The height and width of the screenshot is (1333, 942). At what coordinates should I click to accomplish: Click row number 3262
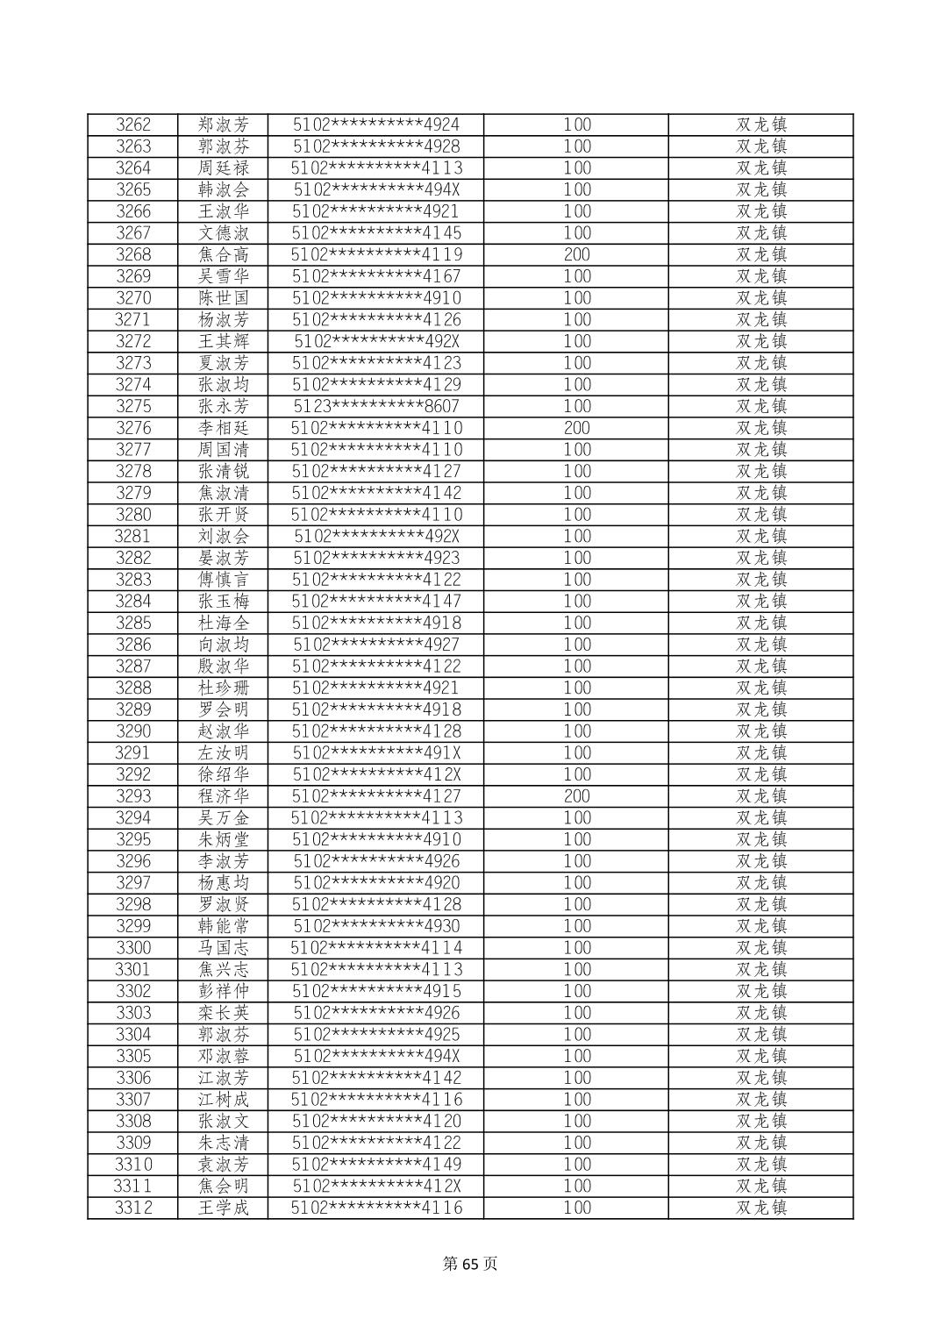pyautogui.click(x=133, y=125)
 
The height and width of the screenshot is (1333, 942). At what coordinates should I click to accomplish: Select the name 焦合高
pyautogui.click(x=224, y=254)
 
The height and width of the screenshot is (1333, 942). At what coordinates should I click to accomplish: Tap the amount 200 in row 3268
pyautogui.click(x=576, y=254)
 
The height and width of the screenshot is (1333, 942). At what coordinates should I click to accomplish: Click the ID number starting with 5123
pyautogui.click(x=376, y=406)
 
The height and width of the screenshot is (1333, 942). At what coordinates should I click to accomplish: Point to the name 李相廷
pyautogui.click(x=224, y=428)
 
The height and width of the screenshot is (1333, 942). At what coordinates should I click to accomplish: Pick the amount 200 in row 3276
pyautogui.click(x=576, y=428)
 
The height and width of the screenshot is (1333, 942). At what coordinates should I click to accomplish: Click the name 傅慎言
pyautogui.click(x=224, y=580)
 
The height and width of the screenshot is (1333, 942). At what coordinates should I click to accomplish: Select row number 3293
pyautogui.click(x=133, y=796)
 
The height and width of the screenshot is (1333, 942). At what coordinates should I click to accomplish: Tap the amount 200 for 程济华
pyautogui.click(x=576, y=796)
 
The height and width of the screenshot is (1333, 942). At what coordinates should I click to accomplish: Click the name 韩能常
pyautogui.click(x=224, y=926)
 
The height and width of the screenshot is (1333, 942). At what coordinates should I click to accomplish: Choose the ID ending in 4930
pyautogui.click(x=376, y=926)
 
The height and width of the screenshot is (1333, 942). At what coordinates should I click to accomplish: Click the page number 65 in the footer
pyautogui.click(x=471, y=1264)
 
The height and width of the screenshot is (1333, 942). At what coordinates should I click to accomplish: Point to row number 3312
pyautogui.click(x=133, y=1208)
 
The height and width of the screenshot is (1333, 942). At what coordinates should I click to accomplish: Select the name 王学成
pyautogui.click(x=224, y=1208)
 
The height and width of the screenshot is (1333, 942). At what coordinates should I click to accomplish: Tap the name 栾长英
pyautogui.click(x=224, y=1013)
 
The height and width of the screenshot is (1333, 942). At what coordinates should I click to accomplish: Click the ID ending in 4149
pyautogui.click(x=376, y=1165)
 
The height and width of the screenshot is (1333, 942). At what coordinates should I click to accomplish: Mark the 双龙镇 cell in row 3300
pyautogui.click(x=760, y=948)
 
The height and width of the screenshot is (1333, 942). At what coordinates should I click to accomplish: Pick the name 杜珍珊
pyautogui.click(x=224, y=688)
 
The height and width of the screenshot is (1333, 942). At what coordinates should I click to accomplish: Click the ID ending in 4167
pyautogui.click(x=376, y=276)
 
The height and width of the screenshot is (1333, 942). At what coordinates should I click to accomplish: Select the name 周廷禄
pyautogui.click(x=224, y=168)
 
